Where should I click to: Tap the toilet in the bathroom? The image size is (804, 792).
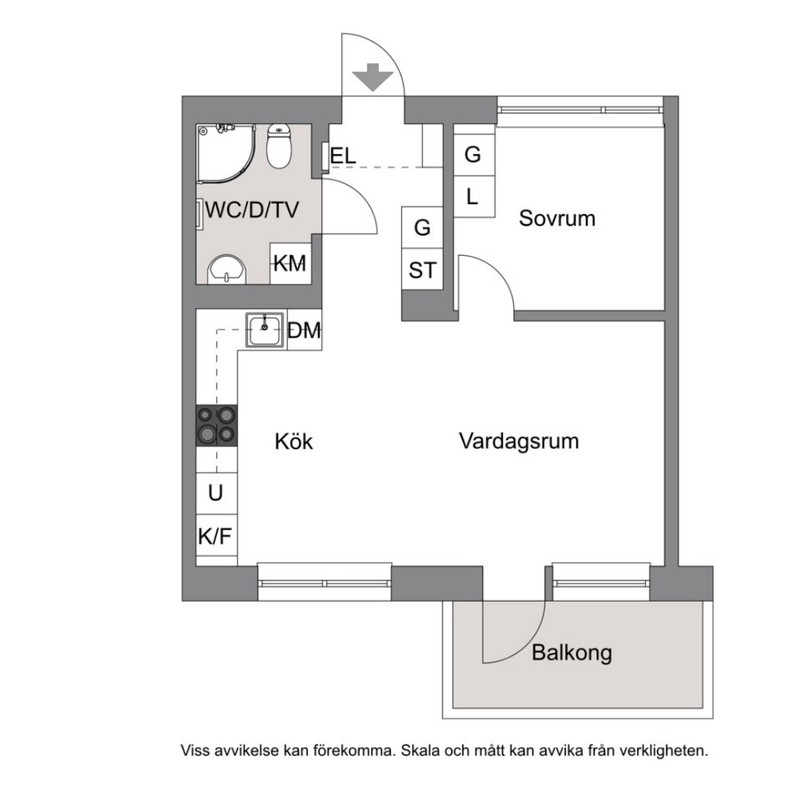pos(279,146)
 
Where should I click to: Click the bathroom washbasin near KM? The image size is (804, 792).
pos(227,269)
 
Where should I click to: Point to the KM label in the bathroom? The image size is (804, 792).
pos(290,263)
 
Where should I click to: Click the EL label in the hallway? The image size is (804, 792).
pos(343,156)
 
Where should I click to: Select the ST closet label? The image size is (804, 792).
pos(422,270)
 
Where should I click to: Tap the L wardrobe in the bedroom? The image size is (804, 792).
pos(473,196)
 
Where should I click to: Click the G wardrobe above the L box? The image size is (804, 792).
pos(473,155)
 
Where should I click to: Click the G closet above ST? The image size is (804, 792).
pos(422,228)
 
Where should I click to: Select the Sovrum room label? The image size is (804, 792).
pos(557,218)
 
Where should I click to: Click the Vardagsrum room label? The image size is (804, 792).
pos(518,441)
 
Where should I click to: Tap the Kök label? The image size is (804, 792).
pos(293,442)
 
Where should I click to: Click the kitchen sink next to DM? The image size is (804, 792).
pos(266,330)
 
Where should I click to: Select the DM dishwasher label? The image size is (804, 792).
pos(303,331)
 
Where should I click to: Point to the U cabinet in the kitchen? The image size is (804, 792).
pos(216,493)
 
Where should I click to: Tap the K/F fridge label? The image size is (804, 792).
pos(216,536)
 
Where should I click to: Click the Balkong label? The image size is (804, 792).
pos(571,653)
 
